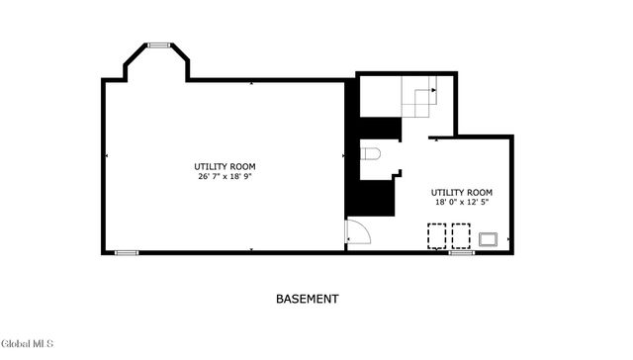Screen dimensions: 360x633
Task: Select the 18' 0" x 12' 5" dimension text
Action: click(x=460, y=202)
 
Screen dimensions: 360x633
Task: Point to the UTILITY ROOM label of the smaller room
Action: click(x=461, y=191)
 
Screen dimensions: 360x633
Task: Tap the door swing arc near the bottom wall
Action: click(x=358, y=234)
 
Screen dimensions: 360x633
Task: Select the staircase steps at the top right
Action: click(x=418, y=100)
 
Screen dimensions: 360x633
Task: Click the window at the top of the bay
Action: click(x=159, y=45)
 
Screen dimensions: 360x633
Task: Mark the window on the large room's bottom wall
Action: click(x=126, y=253)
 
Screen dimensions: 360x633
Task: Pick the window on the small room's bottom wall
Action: click(x=461, y=253)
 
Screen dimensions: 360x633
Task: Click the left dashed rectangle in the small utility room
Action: click(x=435, y=235)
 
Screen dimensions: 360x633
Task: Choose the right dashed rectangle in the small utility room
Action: click(x=461, y=235)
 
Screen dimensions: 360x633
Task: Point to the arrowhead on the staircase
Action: click(x=433, y=139)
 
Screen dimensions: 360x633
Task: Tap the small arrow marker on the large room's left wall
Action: click(x=107, y=157)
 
